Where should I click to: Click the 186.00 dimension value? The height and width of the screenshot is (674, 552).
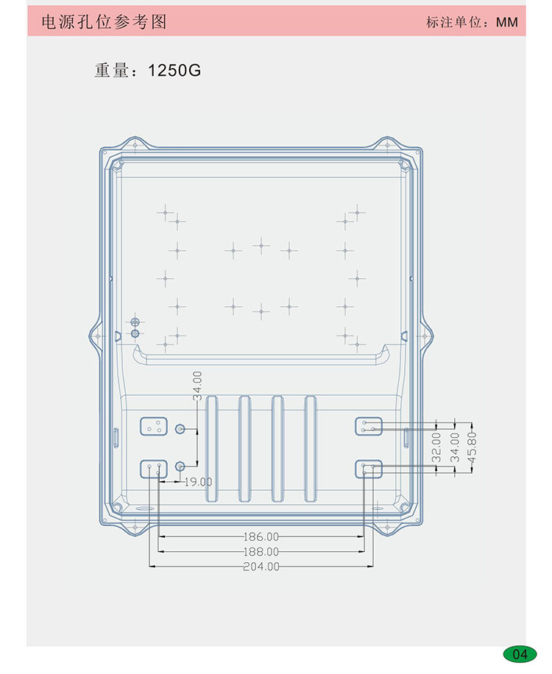(x=261, y=536)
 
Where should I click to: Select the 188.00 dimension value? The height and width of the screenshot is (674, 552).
(x=261, y=552)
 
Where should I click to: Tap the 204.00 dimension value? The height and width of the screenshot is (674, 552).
(x=261, y=567)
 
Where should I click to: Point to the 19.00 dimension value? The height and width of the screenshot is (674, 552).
(x=198, y=482)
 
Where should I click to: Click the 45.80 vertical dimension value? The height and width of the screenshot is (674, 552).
(x=472, y=448)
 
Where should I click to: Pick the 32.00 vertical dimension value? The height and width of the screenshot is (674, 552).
(x=436, y=447)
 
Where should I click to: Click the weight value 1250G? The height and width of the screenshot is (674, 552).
(x=174, y=71)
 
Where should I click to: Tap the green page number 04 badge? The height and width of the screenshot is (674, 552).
(x=520, y=654)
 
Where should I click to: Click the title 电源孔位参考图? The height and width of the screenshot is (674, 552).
(x=104, y=21)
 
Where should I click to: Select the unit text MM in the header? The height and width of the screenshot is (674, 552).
(x=507, y=22)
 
